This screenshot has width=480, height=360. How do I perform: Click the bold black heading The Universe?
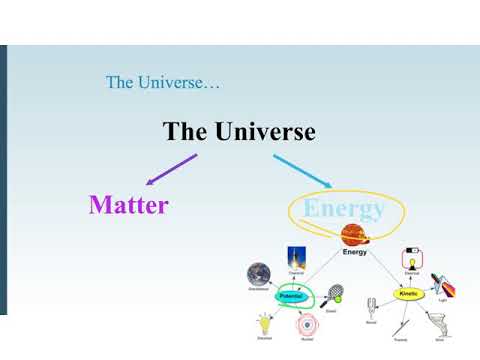coord(239,132)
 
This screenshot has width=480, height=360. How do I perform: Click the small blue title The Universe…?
coord(162,82)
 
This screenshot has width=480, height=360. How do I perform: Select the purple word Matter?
coord(128,205)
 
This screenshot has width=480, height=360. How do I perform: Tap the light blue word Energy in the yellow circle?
coord(343,209)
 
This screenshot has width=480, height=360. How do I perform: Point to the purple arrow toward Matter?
coord(171,170)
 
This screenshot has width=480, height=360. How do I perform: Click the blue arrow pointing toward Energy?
coord(302,170)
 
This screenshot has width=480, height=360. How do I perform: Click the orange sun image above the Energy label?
coord(354,236)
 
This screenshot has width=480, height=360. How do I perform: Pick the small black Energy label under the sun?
coord(355,253)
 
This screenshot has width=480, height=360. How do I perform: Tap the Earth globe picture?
coord(259,274)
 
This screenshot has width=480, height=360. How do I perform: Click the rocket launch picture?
coord(297,257)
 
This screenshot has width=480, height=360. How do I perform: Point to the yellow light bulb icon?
coord(266,323)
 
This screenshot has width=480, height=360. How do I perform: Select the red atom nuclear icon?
coord(306,325)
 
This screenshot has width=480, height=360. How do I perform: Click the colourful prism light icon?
coord(443,285)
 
